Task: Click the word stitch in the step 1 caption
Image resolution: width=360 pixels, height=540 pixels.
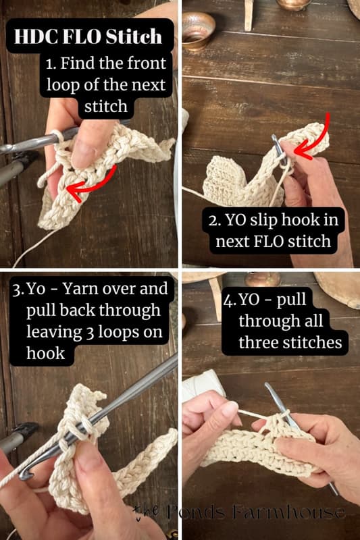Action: [x=107, y=106]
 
